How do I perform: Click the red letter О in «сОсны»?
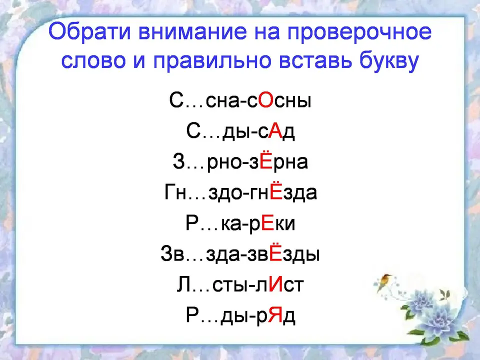(x=265, y=100)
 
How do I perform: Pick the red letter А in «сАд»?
(x=275, y=131)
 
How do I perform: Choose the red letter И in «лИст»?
(x=276, y=285)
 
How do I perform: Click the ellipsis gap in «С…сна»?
(x=194, y=106)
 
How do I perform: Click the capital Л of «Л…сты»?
(x=183, y=285)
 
